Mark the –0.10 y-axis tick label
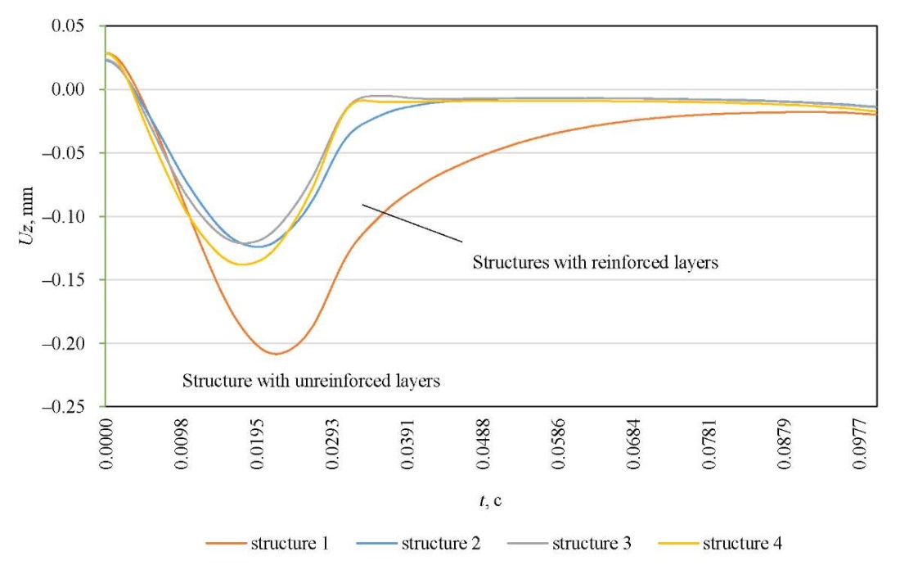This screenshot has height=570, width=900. [65, 217]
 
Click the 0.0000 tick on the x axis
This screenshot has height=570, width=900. [107, 446]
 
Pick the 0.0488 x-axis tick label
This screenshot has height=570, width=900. [486, 446]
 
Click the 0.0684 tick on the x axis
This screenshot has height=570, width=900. [638, 446]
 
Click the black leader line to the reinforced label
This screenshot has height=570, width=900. [413, 223]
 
